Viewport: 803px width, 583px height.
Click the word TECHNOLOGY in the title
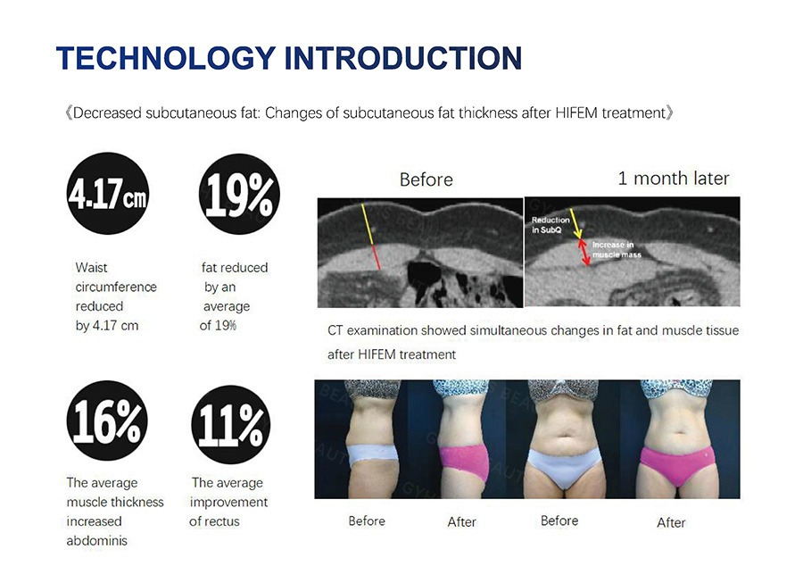167,58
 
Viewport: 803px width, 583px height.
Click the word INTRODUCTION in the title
403,58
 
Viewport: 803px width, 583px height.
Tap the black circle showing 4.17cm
108,194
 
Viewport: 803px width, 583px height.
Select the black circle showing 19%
239,194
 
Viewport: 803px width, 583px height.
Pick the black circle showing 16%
107,421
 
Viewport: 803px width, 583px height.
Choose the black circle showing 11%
231,425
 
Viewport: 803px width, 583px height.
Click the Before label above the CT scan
426,179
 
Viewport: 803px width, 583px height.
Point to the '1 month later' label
674,179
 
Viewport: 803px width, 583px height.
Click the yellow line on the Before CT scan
368,224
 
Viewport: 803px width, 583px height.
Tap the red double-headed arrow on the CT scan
584,253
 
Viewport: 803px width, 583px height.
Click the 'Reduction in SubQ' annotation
550,225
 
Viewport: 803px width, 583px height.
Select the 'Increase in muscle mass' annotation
616,249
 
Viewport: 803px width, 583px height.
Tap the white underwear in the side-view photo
373,455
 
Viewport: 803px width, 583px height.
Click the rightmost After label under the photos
671,522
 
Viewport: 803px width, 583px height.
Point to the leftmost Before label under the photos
367,521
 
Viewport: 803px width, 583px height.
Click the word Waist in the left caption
91,268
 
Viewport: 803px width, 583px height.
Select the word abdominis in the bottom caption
96,540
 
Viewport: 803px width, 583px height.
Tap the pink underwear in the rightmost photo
677,463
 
